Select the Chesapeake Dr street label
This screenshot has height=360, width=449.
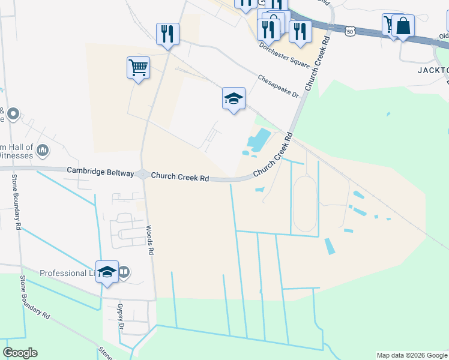pos(278,86)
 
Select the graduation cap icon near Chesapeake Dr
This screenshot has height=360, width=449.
pos(234,98)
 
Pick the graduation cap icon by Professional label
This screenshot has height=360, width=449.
pos(107,271)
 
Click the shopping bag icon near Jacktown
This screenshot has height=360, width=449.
pos(403,26)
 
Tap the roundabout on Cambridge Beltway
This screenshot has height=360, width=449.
pos(143,174)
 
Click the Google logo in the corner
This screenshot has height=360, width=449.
pos(20,353)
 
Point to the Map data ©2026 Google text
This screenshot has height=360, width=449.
pos(411,355)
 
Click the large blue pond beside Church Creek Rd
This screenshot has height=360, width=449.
pos(258,140)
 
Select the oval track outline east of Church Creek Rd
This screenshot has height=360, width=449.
pos(304,204)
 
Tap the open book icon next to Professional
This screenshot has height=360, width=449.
pos(124,272)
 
